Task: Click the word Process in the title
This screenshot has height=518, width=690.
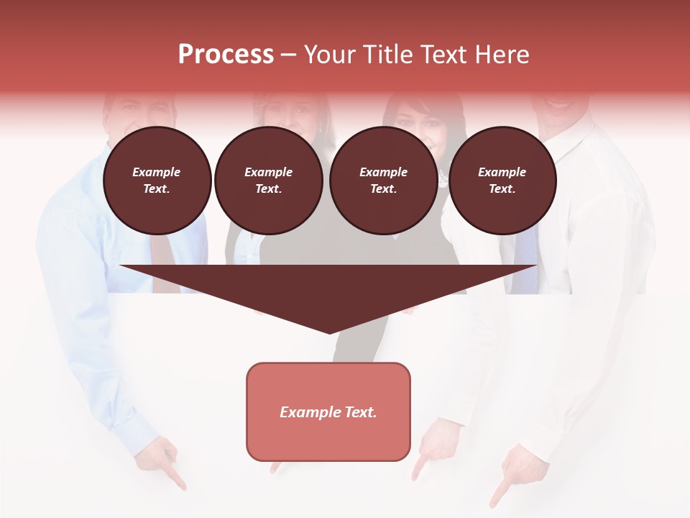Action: [226, 55]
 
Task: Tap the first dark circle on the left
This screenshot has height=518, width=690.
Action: [157, 181]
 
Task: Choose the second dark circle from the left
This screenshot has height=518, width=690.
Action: [268, 181]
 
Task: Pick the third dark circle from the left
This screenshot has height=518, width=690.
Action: [383, 181]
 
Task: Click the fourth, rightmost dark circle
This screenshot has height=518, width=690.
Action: [502, 181]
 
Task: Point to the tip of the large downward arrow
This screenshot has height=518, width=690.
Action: [329, 332]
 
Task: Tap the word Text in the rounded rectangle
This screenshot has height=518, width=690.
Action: [361, 412]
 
